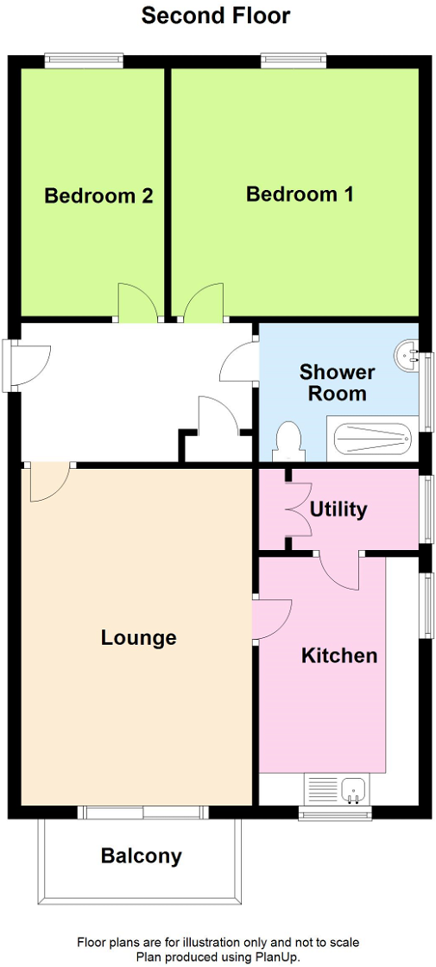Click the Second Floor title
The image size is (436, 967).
click(216, 16)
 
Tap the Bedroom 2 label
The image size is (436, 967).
click(98, 196)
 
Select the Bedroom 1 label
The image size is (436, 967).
click(300, 194)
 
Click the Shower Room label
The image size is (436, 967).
click(338, 382)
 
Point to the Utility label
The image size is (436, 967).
click(338, 509)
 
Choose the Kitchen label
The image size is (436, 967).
click(339, 655)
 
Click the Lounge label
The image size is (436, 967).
click(138, 638)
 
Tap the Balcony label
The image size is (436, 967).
click(142, 856)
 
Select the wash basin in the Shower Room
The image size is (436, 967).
click(408, 353)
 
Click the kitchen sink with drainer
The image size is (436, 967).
click(337, 789)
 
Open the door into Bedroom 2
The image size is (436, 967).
click(136, 304)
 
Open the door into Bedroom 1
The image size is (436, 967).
click(202, 304)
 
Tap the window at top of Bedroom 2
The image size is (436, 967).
click(84, 60)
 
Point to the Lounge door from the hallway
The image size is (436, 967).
click(49, 481)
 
